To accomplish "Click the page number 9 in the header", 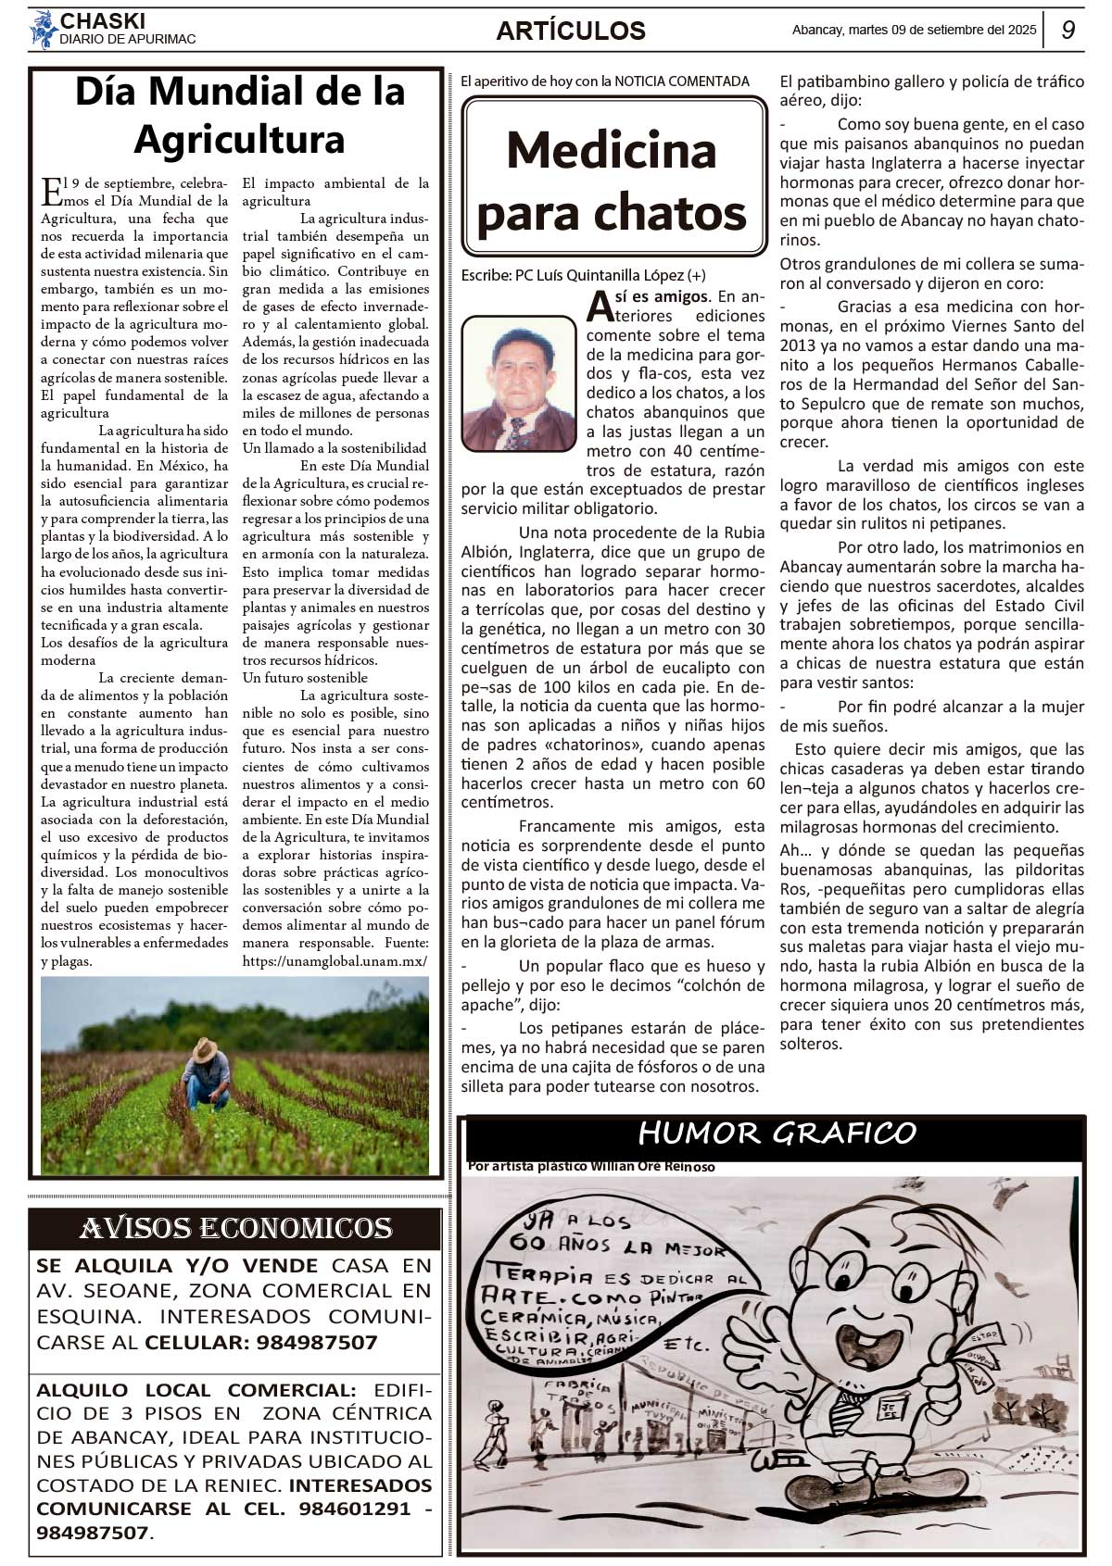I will pyautogui.click(x=1068, y=30).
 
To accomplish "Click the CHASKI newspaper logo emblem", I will pyautogui.click(x=43, y=30).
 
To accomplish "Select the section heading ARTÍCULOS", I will pyautogui.click(x=571, y=31).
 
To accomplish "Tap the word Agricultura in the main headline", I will pyautogui.click(x=239, y=140).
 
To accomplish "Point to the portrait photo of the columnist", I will pyautogui.click(x=519, y=383).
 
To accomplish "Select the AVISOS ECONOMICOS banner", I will pyautogui.click(x=235, y=1228).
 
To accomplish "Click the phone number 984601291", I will pyautogui.click(x=354, y=1509).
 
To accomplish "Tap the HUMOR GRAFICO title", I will pyautogui.click(x=777, y=1133).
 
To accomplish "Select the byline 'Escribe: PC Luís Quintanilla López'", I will pyautogui.click(x=583, y=275).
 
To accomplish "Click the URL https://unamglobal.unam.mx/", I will pyautogui.click(x=335, y=960).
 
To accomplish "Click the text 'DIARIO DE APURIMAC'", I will pyautogui.click(x=127, y=40).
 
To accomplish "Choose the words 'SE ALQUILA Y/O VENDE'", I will pyautogui.click(x=177, y=1265).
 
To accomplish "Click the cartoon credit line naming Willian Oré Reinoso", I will pyautogui.click(x=591, y=1167).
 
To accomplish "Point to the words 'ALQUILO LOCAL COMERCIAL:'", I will pyautogui.click(x=196, y=1390).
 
